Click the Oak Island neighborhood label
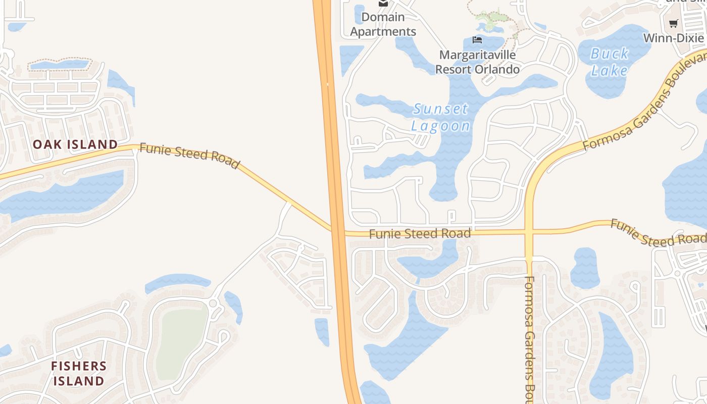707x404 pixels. point(75,144)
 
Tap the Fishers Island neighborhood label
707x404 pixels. point(79,373)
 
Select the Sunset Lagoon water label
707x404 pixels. point(441,117)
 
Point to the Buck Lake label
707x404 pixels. point(610,62)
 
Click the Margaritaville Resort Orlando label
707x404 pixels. point(477,62)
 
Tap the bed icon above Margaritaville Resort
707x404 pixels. point(477,39)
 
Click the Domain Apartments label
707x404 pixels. point(383,24)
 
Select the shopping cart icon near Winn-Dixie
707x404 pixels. point(673,23)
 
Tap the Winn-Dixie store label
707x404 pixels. point(673,38)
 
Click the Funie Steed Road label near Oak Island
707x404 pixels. point(189,156)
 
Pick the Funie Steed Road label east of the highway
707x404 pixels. point(420,234)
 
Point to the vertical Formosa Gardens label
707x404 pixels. point(529,338)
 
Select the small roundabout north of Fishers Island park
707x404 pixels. point(213,304)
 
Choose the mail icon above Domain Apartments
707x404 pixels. point(383,3)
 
